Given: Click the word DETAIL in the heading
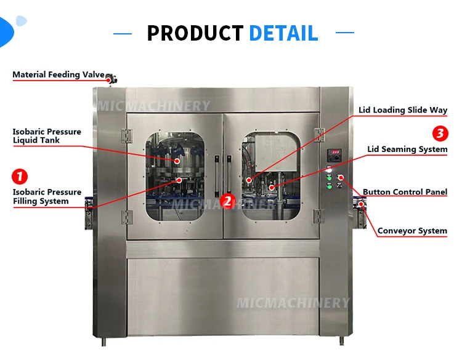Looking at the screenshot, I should click(283, 33).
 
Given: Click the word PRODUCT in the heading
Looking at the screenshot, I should click(195, 33).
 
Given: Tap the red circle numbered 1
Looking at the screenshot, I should click(20, 177).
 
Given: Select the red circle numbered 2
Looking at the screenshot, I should click(227, 200).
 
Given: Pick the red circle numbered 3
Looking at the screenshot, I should click(440, 133).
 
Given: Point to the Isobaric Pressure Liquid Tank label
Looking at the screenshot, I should click(47, 136).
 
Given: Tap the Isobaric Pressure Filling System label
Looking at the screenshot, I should click(47, 197).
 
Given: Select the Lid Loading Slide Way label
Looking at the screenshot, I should click(403, 110).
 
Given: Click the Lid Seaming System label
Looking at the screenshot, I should click(407, 149).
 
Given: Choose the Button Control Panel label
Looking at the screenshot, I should click(405, 192).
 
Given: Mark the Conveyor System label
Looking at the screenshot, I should click(412, 231).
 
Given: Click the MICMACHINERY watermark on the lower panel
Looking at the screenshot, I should click(293, 303).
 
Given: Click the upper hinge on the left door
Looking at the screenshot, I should click(128, 133).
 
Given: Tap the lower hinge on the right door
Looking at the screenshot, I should click(318, 216).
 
